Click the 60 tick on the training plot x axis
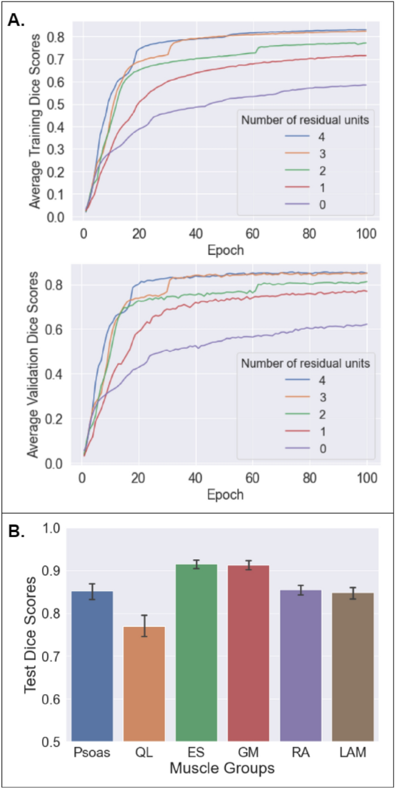click(252, 234)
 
